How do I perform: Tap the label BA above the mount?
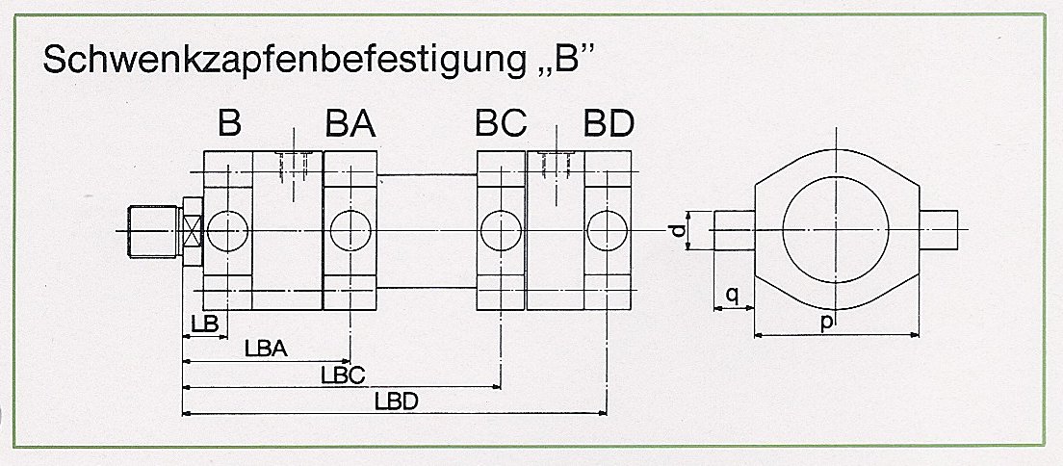[x=350, y=125]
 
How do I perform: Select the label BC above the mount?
[x=500, y=125]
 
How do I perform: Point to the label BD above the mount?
[x=609, y=125]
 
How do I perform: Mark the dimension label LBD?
[x=396, y=401]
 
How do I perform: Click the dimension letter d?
[x=680, y=231]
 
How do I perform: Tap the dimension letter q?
[x=733, y=296]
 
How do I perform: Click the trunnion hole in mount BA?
[x=350, y=230]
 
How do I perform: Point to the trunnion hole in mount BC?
[x=501, y=230]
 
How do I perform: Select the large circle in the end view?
[x=837, y=230]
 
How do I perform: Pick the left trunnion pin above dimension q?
[x=733, y=230]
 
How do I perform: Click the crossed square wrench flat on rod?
[x=192, y=230]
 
